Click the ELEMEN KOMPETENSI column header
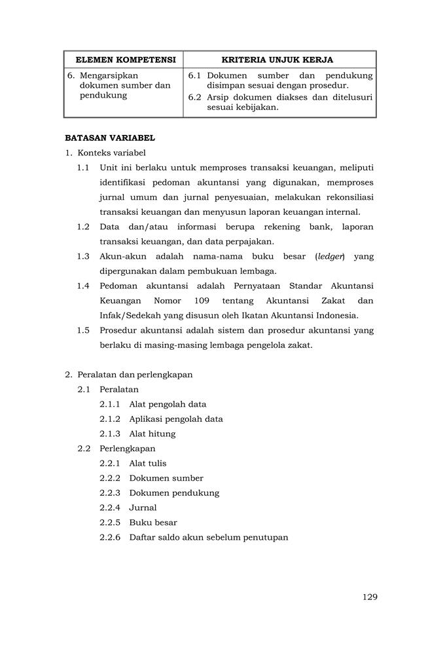pos(123,60)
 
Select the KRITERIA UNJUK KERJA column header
pos(279,60)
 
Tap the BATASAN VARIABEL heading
pos(109,138)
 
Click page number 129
pos(369,597)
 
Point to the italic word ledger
pos(330,256)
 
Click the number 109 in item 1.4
pos(203,301)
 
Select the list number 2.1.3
pos(110,434)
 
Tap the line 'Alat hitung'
pos(152,434)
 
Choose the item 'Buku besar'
pos(153,523)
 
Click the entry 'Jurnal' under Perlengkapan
pos(143,508)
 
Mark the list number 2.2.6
pos(110,538)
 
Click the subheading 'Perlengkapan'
pos(128,449)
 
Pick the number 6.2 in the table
pos(194,98)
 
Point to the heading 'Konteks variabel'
pos(111,153)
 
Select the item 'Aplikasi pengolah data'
pos(176,419)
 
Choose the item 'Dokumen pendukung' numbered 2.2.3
pos(174,493)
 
